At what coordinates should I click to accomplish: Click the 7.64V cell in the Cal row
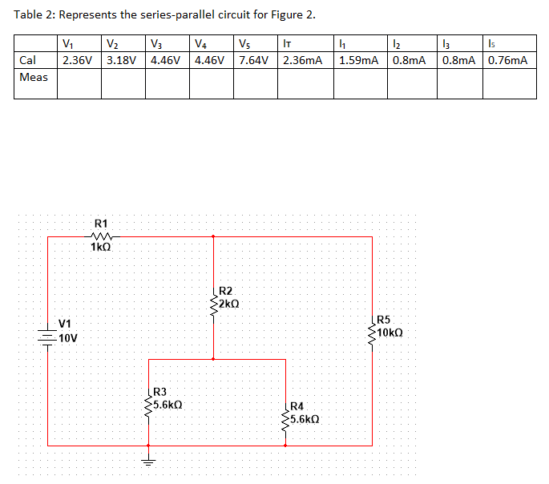tap(253, 60)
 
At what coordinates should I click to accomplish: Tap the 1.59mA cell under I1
tap(359, 60)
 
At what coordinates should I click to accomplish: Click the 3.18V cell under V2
tap(122, 60)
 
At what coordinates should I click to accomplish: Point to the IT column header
tap(286, 44)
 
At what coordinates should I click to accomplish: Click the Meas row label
tap(34, 77)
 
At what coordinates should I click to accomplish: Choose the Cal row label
tap(28, 60)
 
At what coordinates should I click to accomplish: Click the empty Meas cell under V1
tap(79, 83)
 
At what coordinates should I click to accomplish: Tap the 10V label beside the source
tap(68, 337)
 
